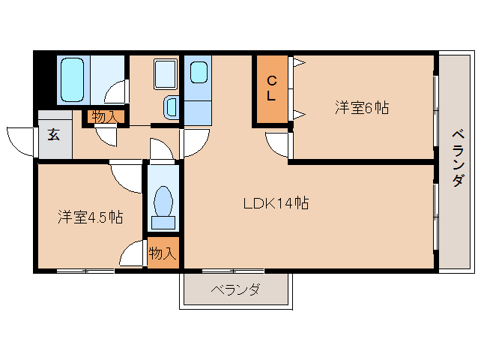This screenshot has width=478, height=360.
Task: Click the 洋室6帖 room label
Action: click(x=361, y=108)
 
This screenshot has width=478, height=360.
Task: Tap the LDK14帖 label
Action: click(x=276, y=202)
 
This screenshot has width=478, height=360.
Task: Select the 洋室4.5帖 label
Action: click(x=91, y=217)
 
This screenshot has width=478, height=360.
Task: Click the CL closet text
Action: click(x=272, y=88)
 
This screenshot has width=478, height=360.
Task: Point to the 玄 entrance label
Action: click(x=55, y=135)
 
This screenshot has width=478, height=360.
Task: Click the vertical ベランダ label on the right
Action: click(x=457, y=157)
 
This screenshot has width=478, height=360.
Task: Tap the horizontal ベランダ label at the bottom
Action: click(x=235, y=289)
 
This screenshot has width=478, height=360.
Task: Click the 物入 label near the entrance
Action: click(x=104, y=116)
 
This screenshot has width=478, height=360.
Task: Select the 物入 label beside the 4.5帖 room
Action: click(x=162, y=253)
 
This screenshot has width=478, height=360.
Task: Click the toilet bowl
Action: click(x=163, y=202)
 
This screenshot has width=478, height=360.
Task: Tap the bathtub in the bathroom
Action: click(x=73, y=79)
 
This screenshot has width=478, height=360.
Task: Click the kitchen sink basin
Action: click(x=199, y=73)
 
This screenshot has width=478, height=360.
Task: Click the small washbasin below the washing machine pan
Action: click(x=171, y=108)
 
